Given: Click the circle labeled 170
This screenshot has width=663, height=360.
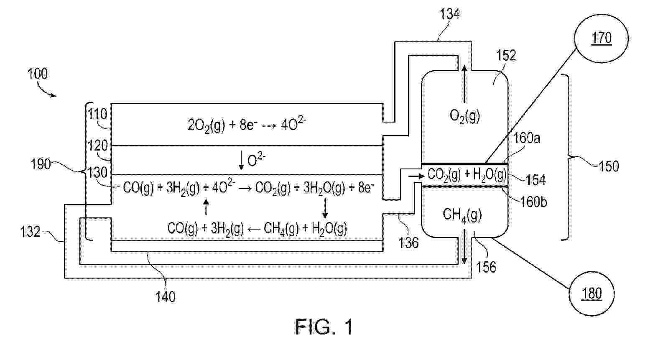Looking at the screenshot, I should click(x=602, y=38).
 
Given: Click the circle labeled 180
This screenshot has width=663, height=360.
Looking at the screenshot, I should click(x=592, y=294).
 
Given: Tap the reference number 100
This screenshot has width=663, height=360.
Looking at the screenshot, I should click(x=37, y=74).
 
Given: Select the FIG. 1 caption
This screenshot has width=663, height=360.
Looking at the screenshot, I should click(x=324, y=327).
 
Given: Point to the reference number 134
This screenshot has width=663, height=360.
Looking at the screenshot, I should click(x=450, y=14).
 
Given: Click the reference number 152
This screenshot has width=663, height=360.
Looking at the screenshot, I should click(x=506, y=55).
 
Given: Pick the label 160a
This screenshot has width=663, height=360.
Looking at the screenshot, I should click(x=527, y=138).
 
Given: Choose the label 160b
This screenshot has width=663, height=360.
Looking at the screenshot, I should click(x=534, y=202).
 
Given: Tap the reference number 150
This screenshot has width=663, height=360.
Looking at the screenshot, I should click(x=608, y=166).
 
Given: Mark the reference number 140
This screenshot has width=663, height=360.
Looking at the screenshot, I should click(x=165, y=297).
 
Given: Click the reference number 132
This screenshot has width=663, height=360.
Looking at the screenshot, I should click(x=30, y=232).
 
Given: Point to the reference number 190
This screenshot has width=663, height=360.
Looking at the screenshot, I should click(x=41, y=164).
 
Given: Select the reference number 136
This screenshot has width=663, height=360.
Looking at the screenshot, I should click(x=408, y=243).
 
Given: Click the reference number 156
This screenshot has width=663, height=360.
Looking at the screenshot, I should click(x=486, y=267).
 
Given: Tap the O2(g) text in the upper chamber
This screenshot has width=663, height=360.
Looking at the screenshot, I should click(x=464, y=115).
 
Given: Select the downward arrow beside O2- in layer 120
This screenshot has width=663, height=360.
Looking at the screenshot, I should click(x=241, y=161).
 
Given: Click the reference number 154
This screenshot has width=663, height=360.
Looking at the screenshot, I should click(x=535, y=180).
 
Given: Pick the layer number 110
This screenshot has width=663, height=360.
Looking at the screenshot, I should click(x=97, y=114).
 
